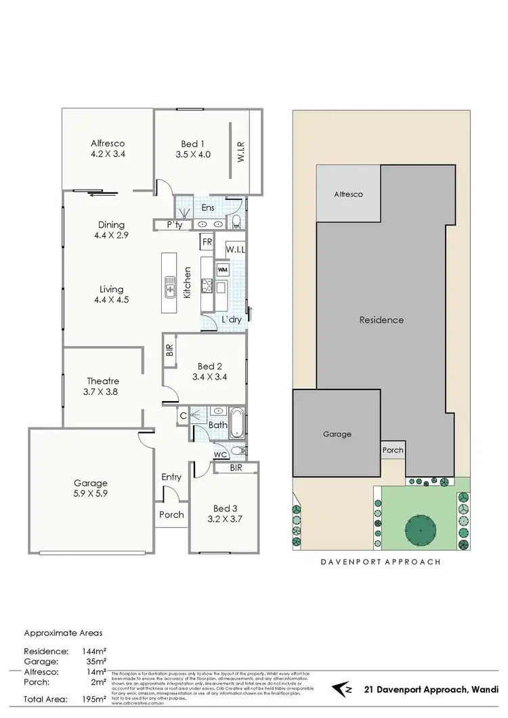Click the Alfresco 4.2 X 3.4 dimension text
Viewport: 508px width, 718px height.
(109, 154)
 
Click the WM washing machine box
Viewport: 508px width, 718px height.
(223, 269)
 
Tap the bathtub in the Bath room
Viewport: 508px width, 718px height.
(236, 422)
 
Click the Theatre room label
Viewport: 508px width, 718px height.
(103, 381)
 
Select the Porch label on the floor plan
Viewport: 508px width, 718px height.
(171, 514)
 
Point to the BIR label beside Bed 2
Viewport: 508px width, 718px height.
(169, 350)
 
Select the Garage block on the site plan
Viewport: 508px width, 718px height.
(337, 434)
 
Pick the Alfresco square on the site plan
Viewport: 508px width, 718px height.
(348, 194)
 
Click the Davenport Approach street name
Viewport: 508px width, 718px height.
(381, 562)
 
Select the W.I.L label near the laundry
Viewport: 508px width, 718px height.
(235, 250)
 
